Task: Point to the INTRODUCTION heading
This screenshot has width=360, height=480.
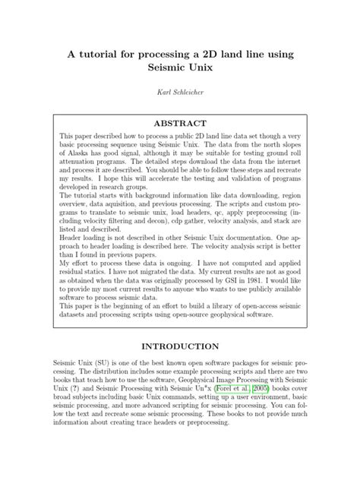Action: click(x=180, y=346)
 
